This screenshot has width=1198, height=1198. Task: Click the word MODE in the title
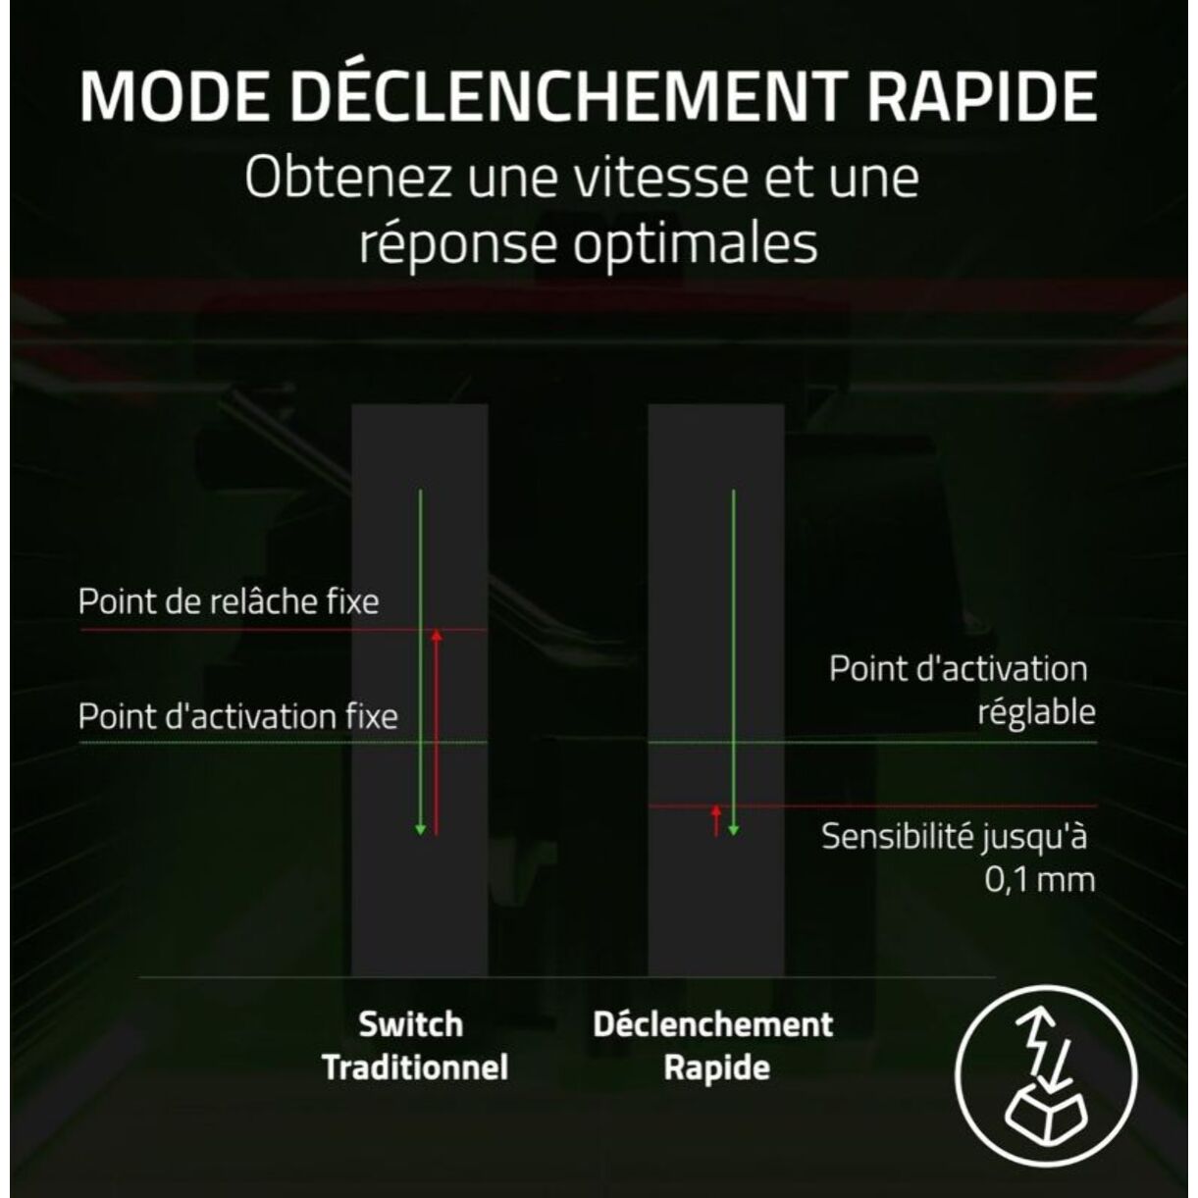(174, 97)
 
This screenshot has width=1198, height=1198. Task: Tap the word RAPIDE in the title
(983, 97)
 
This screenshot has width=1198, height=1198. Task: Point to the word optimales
(695, 243)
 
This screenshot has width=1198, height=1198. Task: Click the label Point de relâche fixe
(229, 601)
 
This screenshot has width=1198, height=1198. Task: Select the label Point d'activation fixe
(238, 717)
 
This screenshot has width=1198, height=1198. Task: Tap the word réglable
(1036, 712)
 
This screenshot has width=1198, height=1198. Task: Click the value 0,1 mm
(1039, 880)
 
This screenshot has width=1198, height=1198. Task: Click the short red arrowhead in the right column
(716, 810)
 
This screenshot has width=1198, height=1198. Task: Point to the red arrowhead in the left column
(437, 635)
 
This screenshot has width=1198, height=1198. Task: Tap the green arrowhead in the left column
(420, 830)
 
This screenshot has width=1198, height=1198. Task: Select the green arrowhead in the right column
(734, 830)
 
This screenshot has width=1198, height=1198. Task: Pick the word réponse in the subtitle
(457, 243)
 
